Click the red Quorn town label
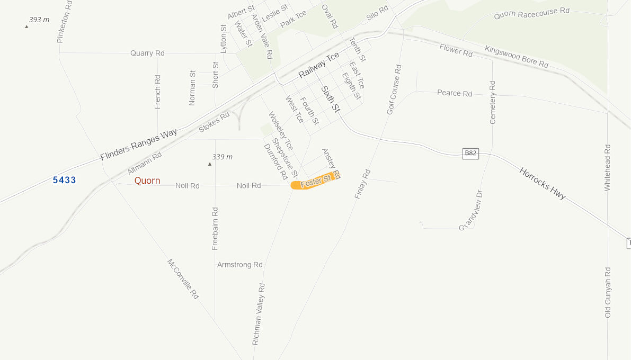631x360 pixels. [x=147, y=181]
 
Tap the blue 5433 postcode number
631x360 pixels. [x=64, y=180]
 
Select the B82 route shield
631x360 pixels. [x=470, y=154]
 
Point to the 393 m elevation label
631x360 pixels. [x=39, y=20]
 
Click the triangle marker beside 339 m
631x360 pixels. [x=210, y=164]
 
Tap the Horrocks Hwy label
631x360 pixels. [x=543, y=184]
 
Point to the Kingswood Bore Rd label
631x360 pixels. [x=516, y=56]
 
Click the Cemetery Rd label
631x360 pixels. [x=493, y=103]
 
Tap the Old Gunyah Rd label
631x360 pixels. [x=608, y=292]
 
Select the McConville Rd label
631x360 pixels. [x=183, y=279]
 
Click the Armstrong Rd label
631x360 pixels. [x=239, y=265]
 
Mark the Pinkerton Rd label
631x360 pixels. [x=64, y=22]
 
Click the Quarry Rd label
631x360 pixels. [x=147, y=53]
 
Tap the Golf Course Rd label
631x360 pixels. [x=394, y=89]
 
